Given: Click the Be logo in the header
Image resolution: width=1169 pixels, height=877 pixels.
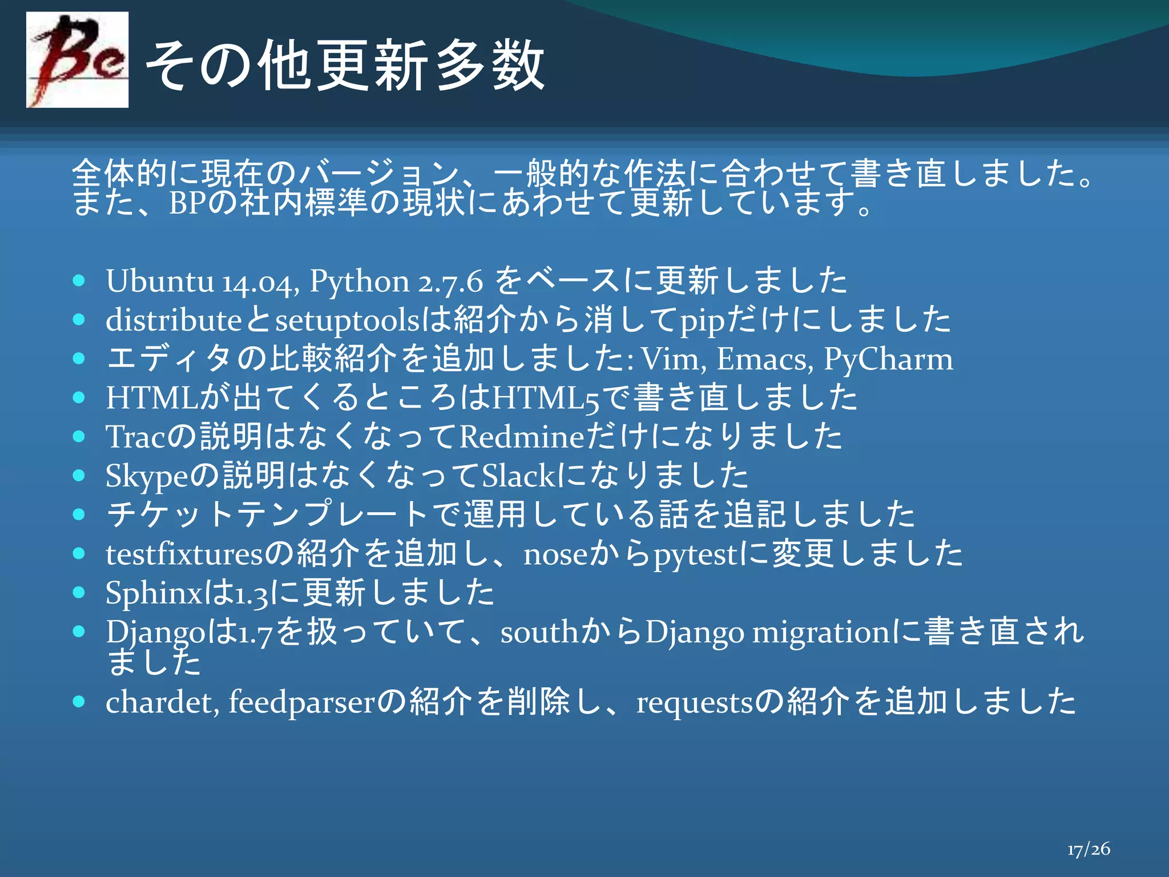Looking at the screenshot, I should click(77, 59).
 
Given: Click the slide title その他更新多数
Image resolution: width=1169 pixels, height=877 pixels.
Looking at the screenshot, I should click(345, 65).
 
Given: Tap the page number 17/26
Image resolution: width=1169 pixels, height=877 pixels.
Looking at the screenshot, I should click(1089, 849).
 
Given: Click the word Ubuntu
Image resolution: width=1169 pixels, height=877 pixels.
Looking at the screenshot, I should click(159, 281).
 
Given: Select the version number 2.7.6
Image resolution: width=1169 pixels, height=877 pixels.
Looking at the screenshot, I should click(450, 282).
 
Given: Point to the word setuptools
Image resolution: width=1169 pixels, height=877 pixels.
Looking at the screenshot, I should click(347, 320).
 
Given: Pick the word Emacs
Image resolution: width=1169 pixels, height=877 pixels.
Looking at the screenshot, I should click(764, 359).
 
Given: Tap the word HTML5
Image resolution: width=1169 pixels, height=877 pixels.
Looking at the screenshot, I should click(546, 398).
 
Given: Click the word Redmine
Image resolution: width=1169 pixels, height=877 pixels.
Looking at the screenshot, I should click(521, 437).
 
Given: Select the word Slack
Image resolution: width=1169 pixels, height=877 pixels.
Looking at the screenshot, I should click(518, 476).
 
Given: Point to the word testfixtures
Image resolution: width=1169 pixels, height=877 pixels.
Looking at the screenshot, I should click(184, 554).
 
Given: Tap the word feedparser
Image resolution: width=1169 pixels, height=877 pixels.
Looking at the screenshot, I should click(301, 702).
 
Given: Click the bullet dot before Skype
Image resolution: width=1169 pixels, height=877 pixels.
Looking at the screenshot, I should click(79, 475).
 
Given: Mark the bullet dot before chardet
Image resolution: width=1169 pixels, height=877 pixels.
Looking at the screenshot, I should click(79, 701).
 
